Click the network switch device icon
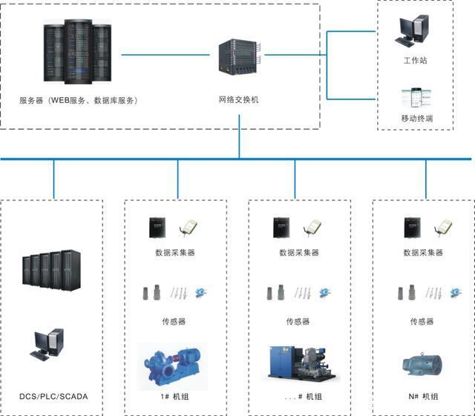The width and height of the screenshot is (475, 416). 240,56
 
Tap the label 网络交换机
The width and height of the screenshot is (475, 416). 239,99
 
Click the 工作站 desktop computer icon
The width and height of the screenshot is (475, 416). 412,29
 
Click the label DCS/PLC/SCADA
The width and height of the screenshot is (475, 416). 53,397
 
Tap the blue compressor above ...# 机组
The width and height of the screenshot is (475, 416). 300,366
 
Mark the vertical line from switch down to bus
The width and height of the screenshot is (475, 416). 240,142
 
